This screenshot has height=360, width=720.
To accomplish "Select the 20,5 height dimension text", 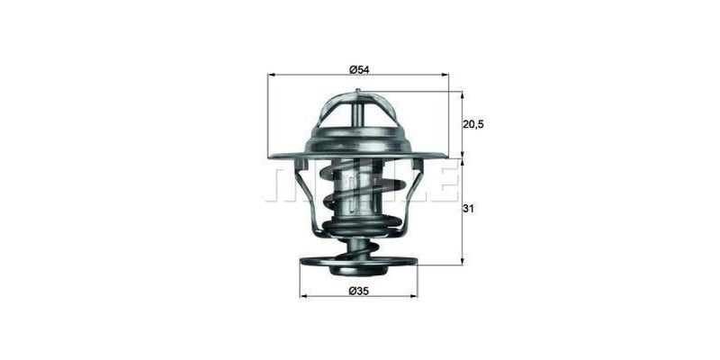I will (474, 124).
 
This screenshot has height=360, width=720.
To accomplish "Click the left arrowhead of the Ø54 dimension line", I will (272, 76).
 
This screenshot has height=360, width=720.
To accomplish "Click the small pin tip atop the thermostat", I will (358, 91).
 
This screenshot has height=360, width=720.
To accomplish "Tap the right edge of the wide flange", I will (445, 157).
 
